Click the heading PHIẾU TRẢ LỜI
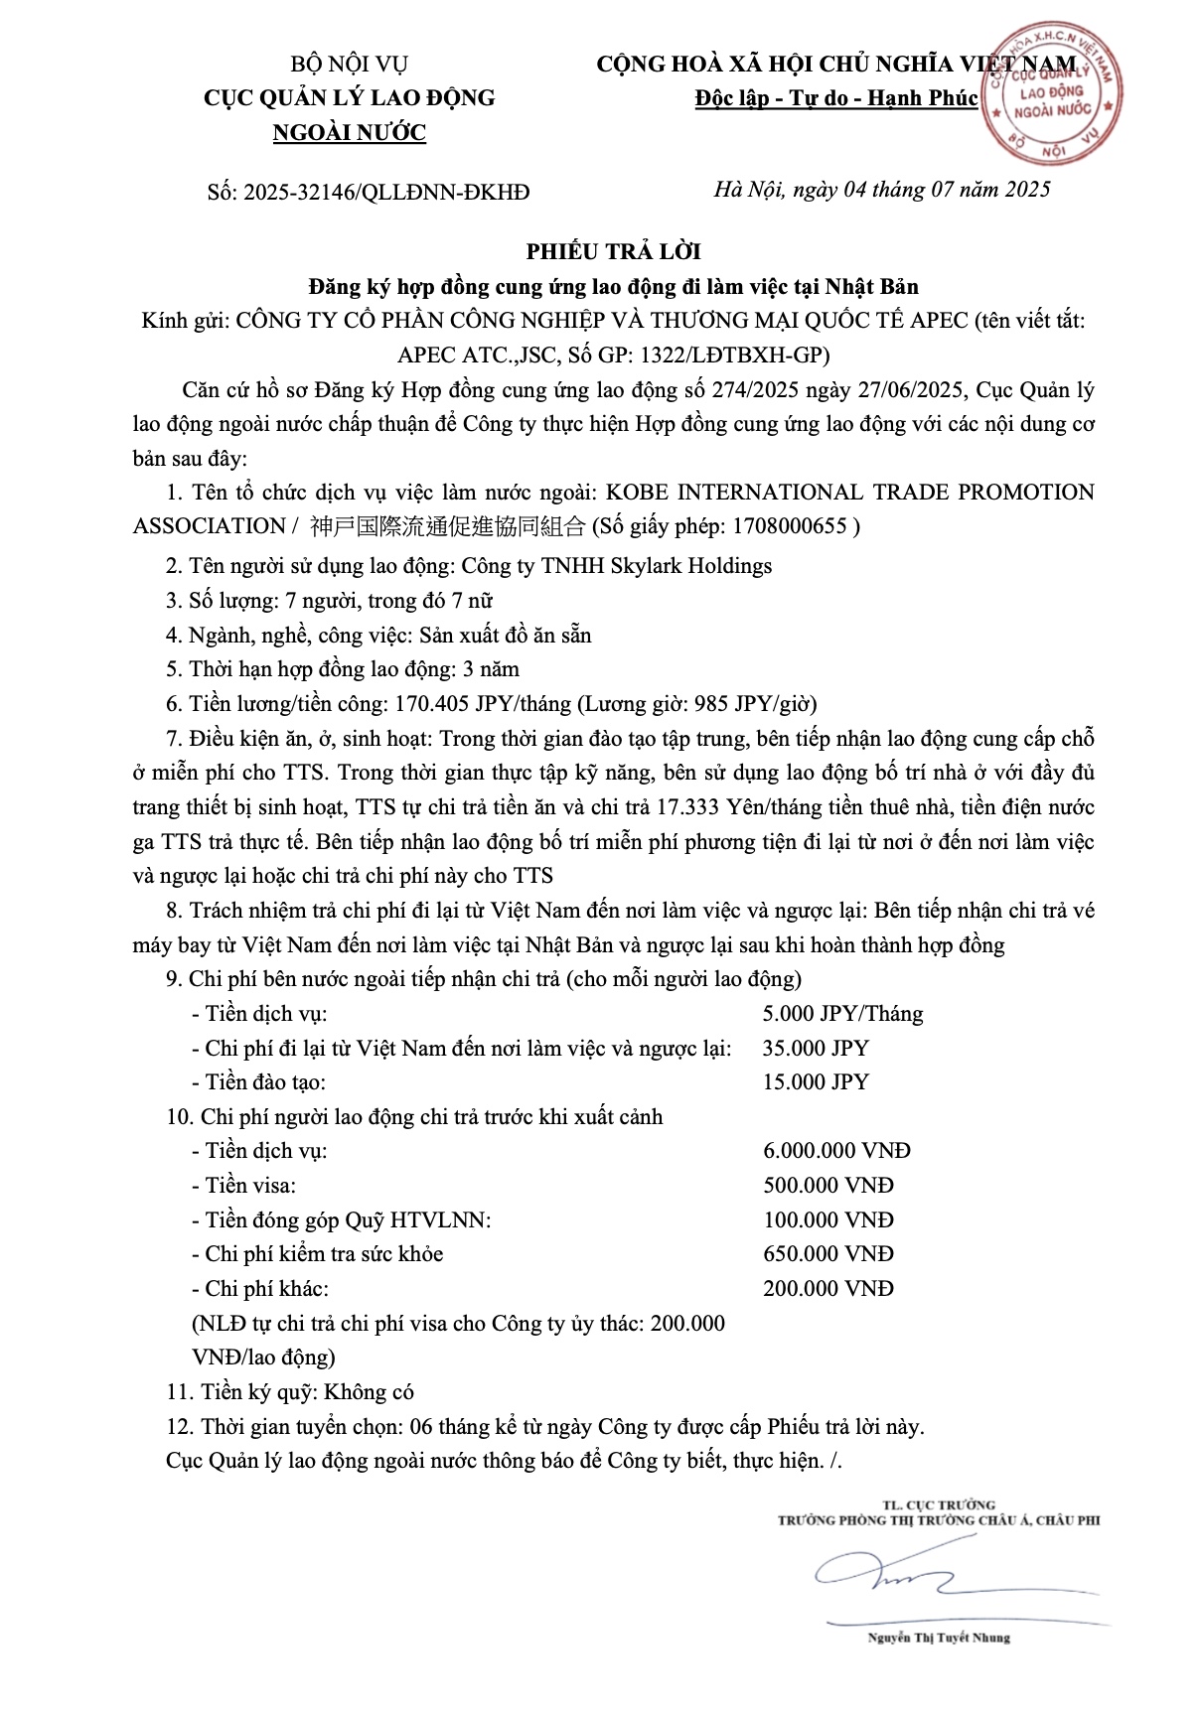point(613,252)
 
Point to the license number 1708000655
point(788,526)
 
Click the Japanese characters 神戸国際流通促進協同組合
point(448,526)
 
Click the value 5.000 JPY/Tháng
point(842,1014)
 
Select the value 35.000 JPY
point(816,1049)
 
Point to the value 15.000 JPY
point(816,1082)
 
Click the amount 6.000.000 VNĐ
point(836,1151)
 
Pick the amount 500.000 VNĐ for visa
point(828,1186)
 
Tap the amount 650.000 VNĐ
point(828,1254)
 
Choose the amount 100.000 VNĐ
point(828,1220)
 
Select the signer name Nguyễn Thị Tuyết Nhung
point(938,1638)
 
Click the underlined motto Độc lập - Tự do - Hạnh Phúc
point(836,98)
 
